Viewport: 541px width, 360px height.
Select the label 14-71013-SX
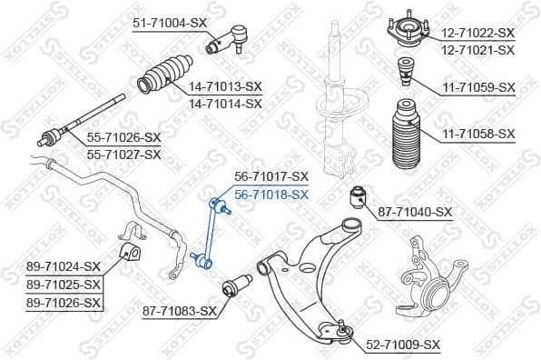(x=225, y=87)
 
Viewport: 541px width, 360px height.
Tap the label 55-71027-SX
(x=123, y=154)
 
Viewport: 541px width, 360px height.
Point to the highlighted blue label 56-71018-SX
(x=271, y=194)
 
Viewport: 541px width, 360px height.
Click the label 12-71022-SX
(x=478, y=33)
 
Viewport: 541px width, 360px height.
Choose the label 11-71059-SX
(x=478, y=87)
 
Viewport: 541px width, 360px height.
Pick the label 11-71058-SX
(x=478, y=134)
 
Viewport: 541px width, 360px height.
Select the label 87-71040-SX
(x=415, y=212)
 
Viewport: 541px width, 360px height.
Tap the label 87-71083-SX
(x=180, y=311)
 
